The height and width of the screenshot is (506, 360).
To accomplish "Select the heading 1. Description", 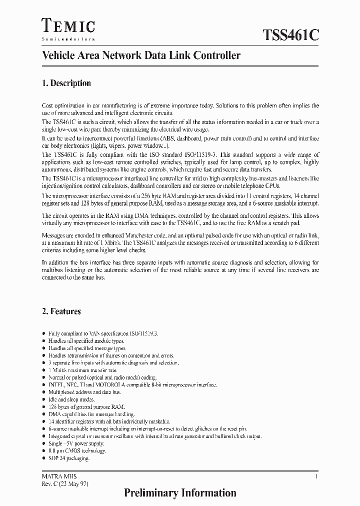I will pos(66,83).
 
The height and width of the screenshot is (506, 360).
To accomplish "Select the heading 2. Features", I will pos(61,311).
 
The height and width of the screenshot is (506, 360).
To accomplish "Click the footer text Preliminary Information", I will pos(180,492).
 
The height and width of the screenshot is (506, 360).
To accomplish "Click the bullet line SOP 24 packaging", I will pos(68,458).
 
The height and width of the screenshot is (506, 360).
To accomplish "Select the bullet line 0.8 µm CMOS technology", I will pos(77,450).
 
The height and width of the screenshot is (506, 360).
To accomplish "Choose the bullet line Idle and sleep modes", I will pos(71,399).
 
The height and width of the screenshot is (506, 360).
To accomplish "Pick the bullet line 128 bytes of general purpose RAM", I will pos(86,407).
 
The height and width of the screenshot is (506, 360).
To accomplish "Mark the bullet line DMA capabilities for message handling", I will pos(91,414).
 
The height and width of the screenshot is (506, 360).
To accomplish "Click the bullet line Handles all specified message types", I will pos(87,348).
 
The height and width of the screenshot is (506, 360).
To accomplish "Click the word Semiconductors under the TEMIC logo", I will pos(68,38).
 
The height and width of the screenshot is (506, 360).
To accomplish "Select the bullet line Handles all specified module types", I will pos(86,340).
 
